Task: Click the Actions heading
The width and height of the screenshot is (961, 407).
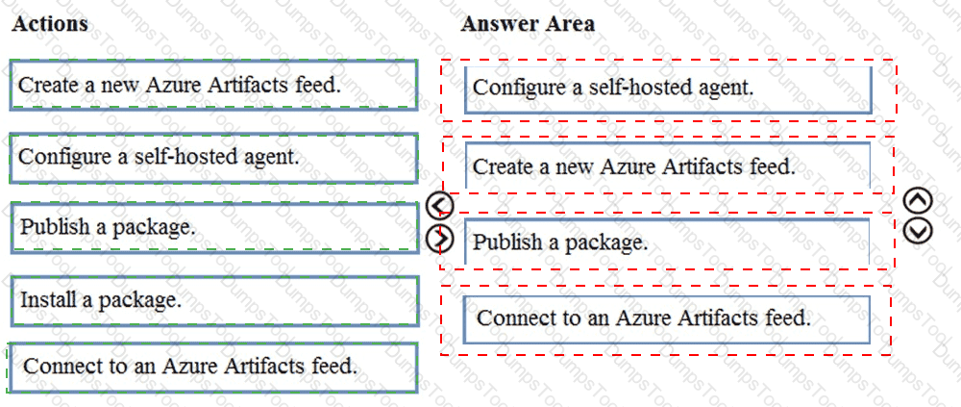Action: click(x=50, y=24)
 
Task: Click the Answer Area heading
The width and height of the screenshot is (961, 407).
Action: click(x=528, y=24)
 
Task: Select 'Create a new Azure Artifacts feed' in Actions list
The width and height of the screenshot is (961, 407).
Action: click(x=213, y=85)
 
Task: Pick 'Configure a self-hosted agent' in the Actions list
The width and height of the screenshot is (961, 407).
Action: click(x=213, y=158)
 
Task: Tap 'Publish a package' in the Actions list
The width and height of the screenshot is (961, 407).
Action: click(x=213, y=228)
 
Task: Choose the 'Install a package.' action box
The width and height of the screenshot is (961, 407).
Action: click(x=213, y=301)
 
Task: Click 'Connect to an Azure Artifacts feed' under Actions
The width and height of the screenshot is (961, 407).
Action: click(x=213, y=368)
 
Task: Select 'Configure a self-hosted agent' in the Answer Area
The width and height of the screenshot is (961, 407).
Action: click(x=668, y=89)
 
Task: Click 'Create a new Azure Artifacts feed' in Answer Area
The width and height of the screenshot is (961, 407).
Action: click(x=668, y=165)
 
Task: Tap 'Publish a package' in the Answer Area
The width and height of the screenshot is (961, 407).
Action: click(x=667, y=242)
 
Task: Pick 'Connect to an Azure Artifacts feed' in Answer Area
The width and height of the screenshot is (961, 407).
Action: click(x=667, y=319)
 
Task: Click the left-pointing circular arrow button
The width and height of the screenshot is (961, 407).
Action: click(x=439, y=206)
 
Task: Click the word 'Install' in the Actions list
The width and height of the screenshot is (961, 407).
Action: click(x=47, y=300)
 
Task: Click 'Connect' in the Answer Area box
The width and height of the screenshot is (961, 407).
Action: click(x=514, y=318)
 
